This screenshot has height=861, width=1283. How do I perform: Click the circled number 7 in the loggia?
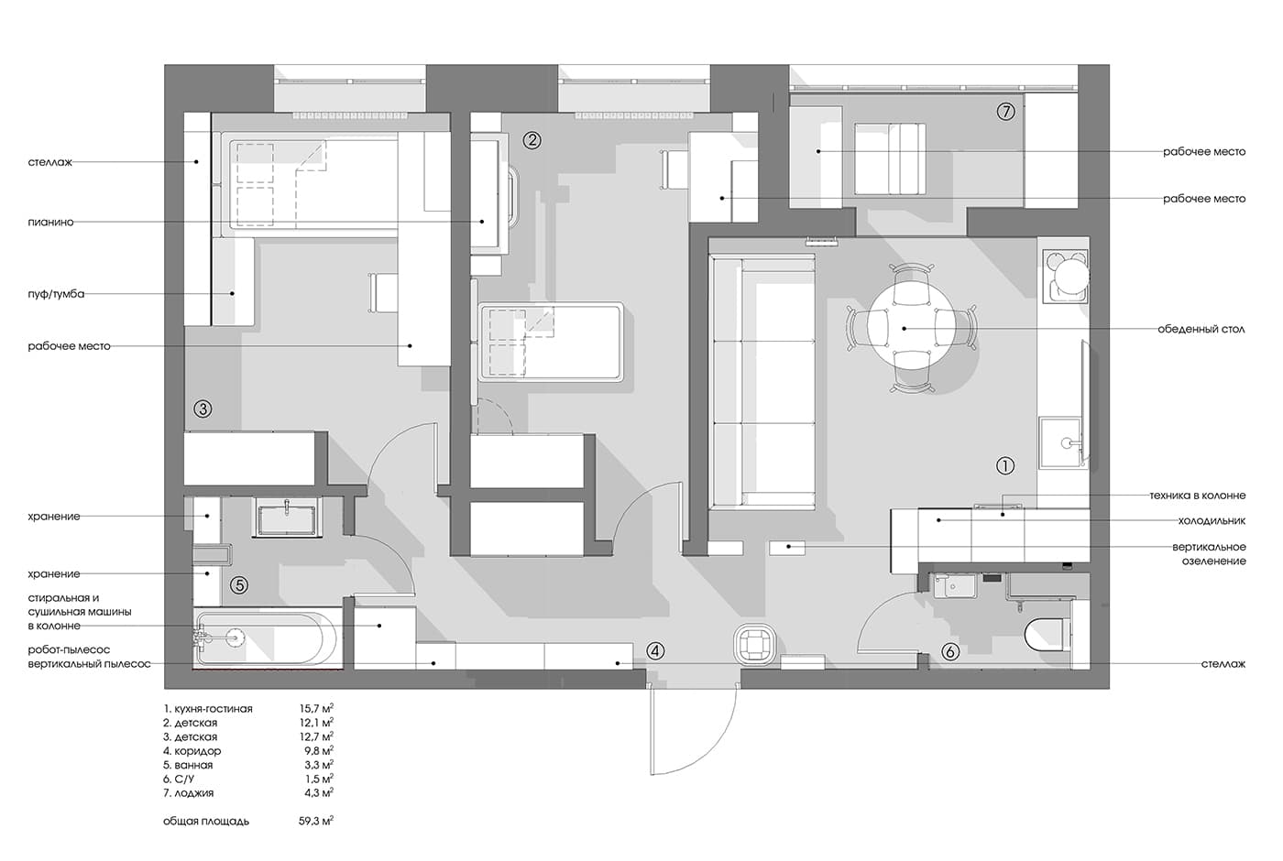click(1006, 111)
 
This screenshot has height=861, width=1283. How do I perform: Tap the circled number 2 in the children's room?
click(532, 140)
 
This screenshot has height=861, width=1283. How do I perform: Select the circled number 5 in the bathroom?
click(239, 584)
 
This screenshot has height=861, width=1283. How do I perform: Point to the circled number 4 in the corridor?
click(655, 651)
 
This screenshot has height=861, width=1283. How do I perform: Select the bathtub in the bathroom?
click(266, 638)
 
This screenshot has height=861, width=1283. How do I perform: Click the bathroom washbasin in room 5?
click(286, 517)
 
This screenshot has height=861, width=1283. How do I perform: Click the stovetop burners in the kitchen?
click(1065, 276)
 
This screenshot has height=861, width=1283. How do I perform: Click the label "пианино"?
click(50, 222)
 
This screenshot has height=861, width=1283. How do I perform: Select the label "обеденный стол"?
click(1201, 329)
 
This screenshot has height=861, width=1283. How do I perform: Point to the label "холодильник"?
click(1212, 521)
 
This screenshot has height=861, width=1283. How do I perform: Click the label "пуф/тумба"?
click(56, 294)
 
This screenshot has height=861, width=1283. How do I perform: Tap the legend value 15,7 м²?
click(316, 709)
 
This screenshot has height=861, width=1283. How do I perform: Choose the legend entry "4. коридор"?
click(192, 750)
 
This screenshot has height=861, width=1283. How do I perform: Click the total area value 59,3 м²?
click(316, 821)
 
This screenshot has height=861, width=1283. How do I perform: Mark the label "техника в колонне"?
click(1197, 496)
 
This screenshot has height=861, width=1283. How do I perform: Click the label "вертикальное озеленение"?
click(1209, 554)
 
